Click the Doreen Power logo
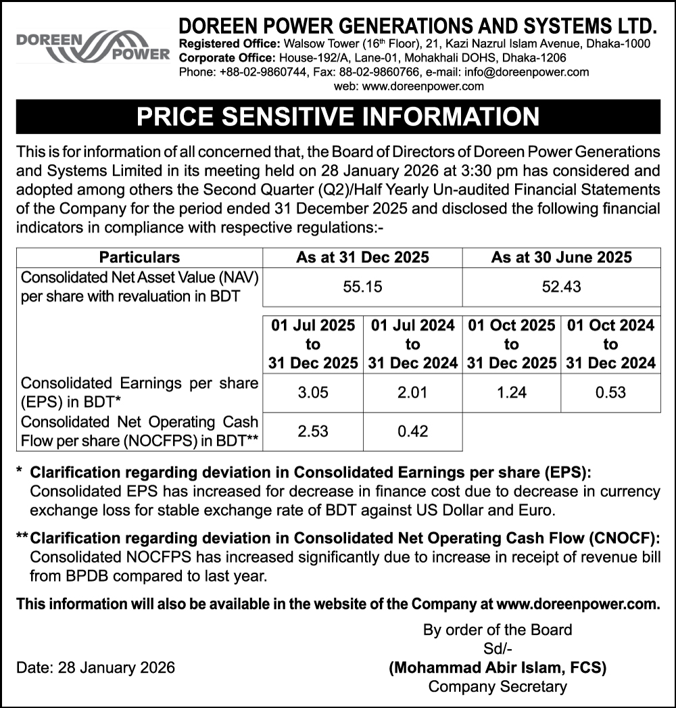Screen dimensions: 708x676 pyautogui.click(x=92, y=46)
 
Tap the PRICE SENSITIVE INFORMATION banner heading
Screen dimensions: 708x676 pyautogui.click(x=338, y=116)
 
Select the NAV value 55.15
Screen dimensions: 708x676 pyautogui.click(x=362, y=287)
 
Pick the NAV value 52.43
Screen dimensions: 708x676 pyautogui.click(x=561, y=287)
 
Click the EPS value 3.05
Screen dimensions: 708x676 pyautogui.click(x=313, y=392)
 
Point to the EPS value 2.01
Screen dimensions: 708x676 pyautogui.click(x=412, y=392)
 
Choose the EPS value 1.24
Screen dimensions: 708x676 pyautogui.click(x=512, y=392)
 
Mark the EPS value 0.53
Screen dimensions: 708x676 pyautogui.click(x=610, y=392)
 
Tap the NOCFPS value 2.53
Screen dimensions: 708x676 pyautogui.click(x=313, y=431)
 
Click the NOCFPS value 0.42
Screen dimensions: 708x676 pyautogui.click(x=412, y=431)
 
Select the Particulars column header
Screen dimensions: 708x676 pyautogui.click(x=139, y=257)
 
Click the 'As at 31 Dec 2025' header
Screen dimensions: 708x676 pyautogui.click(x=362, y=257)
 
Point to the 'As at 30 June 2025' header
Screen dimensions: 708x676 pyautogui.click(x=561, y=257)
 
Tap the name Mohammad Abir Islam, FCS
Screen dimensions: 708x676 pyautogui.click(x=497, y=668)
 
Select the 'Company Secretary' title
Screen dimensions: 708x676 pyautogui.click(x=498, y=687)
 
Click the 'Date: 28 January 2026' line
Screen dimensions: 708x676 pyautogui.click(x=95, y=668)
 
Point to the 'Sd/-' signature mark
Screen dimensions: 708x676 pyautogui.click(x=497, y=649)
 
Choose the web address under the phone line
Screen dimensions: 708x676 pyautogui.click(x=409, y=86)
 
